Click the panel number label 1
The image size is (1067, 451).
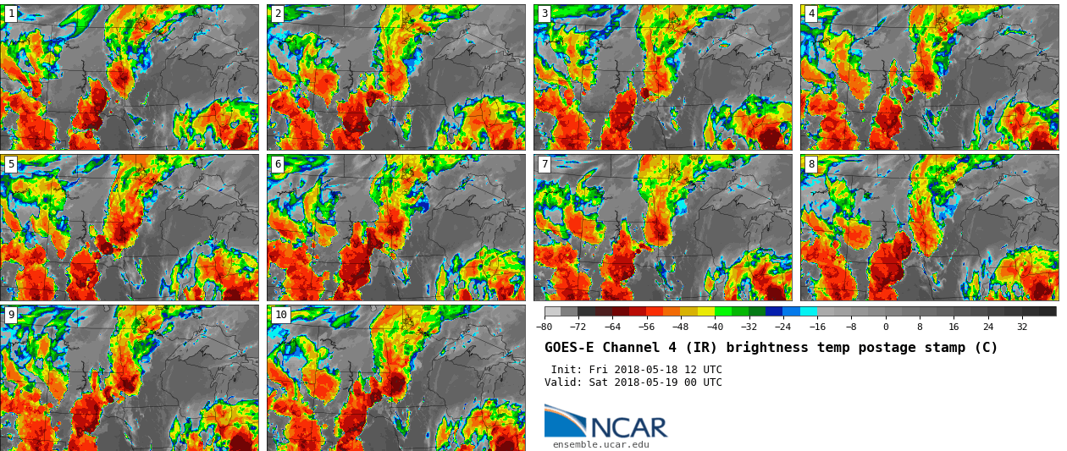tap(11, 14)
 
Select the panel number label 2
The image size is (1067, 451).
tap(278, 14)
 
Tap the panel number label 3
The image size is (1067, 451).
tap(545, 14)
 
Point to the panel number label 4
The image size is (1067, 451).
tap(811, 14)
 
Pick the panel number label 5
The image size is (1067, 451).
tap(11, 164)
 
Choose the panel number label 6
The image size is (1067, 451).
tap(278, 164)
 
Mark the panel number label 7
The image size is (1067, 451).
tap(545, 164)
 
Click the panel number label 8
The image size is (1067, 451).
tap(811, 164)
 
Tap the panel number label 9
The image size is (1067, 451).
tap(11, 315)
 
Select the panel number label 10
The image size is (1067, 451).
tap(280, 315)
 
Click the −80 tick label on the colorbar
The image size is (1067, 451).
tap(545, 327)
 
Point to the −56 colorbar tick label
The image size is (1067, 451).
tap(646, 327)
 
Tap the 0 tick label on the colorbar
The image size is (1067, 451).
tap(886, 327)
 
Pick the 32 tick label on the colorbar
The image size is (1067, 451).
tap(1022, 327)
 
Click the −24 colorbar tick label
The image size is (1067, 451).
tap(782, 327)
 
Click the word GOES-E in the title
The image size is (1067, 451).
tap(570, 348)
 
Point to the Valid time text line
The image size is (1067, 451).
tap(633, 382)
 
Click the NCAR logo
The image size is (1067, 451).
tap(605, 422)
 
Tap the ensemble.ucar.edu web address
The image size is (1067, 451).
tap(600, 444)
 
